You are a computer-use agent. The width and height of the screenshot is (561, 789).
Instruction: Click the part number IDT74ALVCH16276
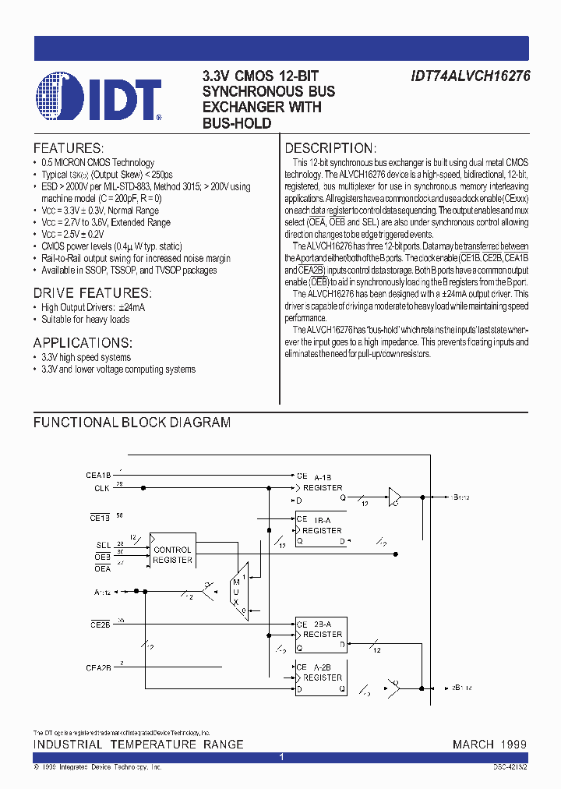click(x=470, y=76)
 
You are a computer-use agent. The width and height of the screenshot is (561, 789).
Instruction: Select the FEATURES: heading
click(x=68, y=148)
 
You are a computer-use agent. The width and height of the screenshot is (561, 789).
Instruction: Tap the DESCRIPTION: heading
click(x=330, y=148)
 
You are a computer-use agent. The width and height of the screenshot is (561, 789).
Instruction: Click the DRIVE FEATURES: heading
click(x=91, y=293)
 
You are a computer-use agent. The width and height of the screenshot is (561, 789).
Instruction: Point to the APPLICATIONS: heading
click(x=83, y=342)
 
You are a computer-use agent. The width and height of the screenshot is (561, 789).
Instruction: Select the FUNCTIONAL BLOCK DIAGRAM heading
click(x=132, y=423)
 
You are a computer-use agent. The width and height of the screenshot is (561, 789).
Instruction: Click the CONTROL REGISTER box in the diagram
click(x=172, y=554)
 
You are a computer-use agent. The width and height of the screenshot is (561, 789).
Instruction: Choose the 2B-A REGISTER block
click(x=320, y=634)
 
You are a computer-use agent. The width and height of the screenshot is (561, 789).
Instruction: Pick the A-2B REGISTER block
click(x=320, y=678)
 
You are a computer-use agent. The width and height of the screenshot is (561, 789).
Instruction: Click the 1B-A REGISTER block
click(x=320, y=530)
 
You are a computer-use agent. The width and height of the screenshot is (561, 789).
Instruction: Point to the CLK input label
click(x=101, y=488)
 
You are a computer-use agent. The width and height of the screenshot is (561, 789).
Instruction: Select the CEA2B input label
click(x=99, y=667)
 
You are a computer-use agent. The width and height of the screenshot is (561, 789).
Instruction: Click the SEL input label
click(x=103, y=544)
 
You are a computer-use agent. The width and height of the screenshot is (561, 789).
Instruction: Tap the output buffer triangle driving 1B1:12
click(x=395, y=496)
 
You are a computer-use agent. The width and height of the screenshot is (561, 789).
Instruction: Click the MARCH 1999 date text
click(x=489, y=745)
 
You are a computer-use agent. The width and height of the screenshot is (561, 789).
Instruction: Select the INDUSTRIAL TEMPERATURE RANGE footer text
click(x=138, y=745)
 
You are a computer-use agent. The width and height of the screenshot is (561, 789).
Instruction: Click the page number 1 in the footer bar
click(x=281, y=757)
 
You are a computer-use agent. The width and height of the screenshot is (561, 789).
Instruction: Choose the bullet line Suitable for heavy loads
click(x=85, y=320)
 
